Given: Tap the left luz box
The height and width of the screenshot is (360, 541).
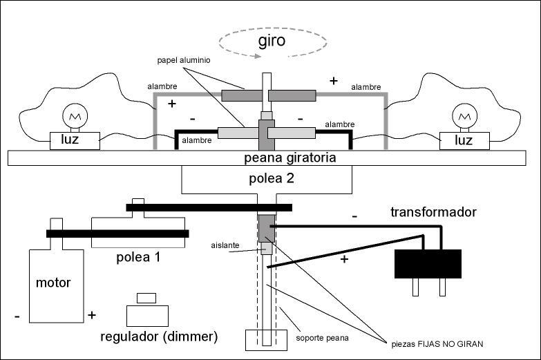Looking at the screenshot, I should pyautogui.click(x=75, y=141).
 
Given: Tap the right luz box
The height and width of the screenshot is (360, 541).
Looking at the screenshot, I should pyautogui.click(x=464, y=141).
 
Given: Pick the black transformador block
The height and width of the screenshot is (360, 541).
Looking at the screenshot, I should pyautogui.click(x=427, y=263).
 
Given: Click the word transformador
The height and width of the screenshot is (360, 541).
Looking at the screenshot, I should pyautogui.click(x=433, y=212).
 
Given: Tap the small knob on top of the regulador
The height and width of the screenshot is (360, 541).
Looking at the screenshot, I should pyautogui.click(x=147, y=299).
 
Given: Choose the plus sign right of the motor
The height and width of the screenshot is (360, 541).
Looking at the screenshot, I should pyautogui.click(x=91, y=315).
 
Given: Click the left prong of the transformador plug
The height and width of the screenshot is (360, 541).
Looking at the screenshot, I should pyautogui.click(x=416, y=286).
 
